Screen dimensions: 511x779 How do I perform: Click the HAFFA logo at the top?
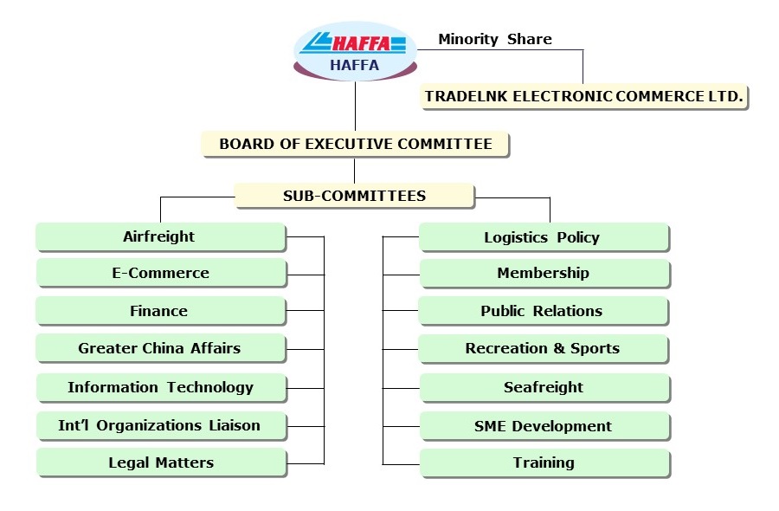tap(355, 50)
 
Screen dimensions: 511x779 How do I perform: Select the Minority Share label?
tap(494, 39)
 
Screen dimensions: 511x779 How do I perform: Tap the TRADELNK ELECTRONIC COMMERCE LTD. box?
tap(583, 96)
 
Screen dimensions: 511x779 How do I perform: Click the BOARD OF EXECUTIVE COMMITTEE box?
tap(355, 144)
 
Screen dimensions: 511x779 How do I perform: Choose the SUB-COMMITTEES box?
tap(354, 196)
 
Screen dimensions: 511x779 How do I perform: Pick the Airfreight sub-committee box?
tap(160, 236)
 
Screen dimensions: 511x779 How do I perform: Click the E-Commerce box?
tap(160, 273)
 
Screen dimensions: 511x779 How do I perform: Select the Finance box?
tap(160, 311)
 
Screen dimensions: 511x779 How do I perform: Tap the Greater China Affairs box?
tap(160, 348)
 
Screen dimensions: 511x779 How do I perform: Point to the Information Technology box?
tap(160, 387)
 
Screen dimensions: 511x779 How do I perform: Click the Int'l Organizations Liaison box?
tap(160, 425)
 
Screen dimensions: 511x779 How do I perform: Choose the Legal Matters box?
tap(160, 462)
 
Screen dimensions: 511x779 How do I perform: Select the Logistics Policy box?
tap(543, 237)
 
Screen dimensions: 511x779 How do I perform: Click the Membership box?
tap(543, 273)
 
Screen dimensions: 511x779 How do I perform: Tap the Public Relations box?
tap(543, 311)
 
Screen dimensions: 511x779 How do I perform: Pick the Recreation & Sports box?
tap(543, 348)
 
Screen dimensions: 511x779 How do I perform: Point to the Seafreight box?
tap(543, 387)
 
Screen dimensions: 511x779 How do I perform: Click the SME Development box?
tap(543, 426)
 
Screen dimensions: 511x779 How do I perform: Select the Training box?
tap(543, 462)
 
